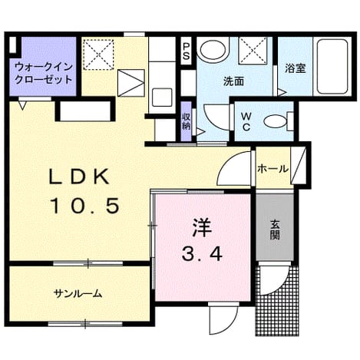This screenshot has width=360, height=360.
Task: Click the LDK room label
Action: point(79,177)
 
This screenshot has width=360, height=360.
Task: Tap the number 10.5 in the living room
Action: point(85,206)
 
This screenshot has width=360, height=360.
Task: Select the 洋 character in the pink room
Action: point(202,229)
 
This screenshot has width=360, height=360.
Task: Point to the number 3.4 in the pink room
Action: point(202,254)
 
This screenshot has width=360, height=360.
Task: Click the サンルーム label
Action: point(78,293)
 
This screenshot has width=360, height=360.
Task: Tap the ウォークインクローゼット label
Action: point(44,74)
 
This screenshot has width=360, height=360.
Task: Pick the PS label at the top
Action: point(186,51)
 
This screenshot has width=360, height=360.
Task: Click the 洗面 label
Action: point(233,81)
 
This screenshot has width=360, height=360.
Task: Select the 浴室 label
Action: point(296,68)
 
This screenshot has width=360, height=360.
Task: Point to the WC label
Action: point(246,122)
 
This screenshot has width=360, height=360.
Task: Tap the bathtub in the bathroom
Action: point(332,67)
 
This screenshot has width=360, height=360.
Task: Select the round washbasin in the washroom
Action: point(213,50)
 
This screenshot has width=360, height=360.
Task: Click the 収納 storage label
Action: point(186,121)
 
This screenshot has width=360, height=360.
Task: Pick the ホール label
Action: point(273,169)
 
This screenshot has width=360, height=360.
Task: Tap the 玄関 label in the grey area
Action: point(275,230)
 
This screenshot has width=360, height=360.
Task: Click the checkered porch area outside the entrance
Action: point(278,300)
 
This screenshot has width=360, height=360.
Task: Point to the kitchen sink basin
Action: point(162,97)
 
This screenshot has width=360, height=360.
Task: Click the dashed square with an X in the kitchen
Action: point(99,54)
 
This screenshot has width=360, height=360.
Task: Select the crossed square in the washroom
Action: point(253,50)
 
